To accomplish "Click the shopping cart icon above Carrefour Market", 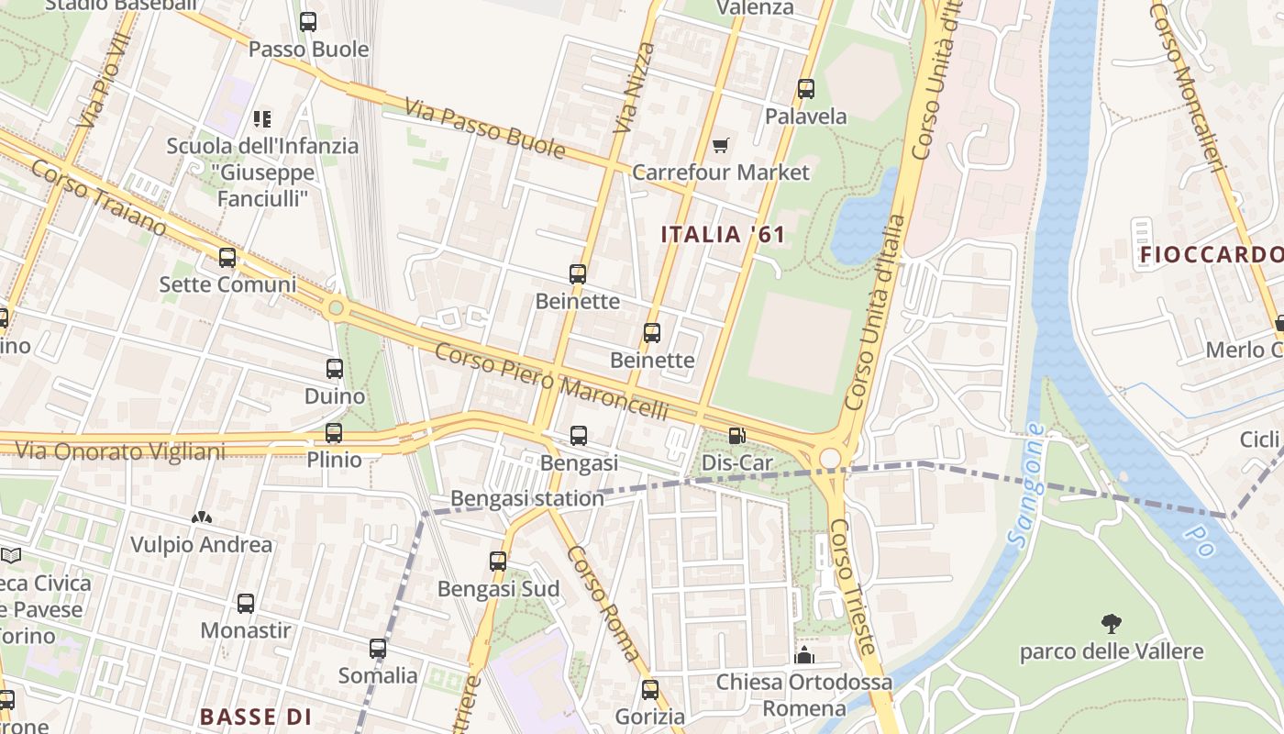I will point(721,146).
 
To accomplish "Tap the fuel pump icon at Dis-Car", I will point(736,436).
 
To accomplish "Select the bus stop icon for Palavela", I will point(806,89).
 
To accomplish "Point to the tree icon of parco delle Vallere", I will point(1112,625).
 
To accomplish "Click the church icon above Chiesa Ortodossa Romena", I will point(804,655).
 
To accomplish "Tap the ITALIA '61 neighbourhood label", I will point(723,234).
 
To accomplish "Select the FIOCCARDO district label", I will point(1211,254).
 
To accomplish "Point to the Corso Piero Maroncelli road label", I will point(551,382).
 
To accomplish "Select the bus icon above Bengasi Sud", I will point(498,561).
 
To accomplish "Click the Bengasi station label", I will point(526,498).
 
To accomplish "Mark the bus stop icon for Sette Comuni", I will point(227,258).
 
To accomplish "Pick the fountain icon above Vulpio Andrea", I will point(202,517).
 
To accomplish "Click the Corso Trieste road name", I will point(853,587).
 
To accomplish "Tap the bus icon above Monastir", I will point(246,603).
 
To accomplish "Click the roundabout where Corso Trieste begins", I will point(830,458).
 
